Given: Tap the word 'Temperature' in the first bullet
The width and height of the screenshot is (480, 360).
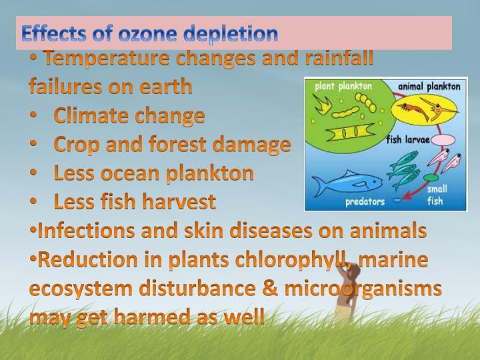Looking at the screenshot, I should click(107, 59).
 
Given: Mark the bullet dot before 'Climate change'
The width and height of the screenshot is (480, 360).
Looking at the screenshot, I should click(33, 115).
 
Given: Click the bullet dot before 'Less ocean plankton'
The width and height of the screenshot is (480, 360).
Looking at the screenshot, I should click(33, 173).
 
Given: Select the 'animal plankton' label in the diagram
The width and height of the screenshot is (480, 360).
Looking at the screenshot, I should click(429, 86).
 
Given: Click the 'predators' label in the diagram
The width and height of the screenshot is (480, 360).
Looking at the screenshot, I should click(364, 201).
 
